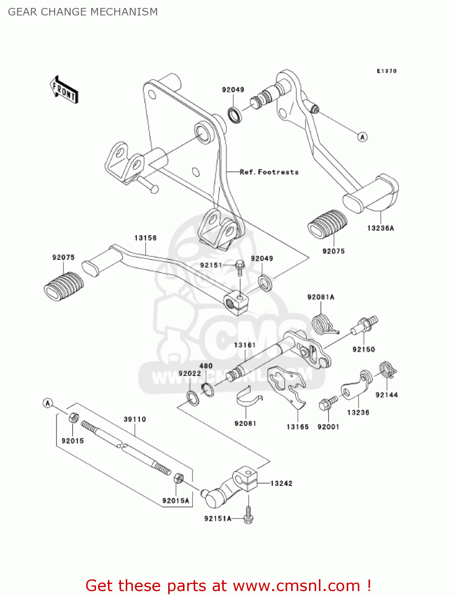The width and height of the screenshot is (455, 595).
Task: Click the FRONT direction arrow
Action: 64,90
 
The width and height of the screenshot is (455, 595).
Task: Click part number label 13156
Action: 145,238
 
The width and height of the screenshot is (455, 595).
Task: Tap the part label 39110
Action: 135,419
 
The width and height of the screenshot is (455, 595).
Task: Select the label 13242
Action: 281,484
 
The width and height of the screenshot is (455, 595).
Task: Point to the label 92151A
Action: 217,518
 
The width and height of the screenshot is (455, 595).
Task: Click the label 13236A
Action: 380,228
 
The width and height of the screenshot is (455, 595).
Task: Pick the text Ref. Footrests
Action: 269,172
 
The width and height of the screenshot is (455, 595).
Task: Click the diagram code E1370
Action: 386,71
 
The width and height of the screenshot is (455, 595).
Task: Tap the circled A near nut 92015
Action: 48,403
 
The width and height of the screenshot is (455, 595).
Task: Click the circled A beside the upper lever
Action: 362,137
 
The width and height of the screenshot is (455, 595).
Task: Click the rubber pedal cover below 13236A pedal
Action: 327,225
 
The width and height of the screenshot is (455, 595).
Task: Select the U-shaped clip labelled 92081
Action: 248,397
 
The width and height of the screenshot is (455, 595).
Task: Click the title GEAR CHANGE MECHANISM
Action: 83,12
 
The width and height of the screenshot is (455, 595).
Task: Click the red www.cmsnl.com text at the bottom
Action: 296,585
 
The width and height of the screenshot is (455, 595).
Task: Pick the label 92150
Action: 363,349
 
